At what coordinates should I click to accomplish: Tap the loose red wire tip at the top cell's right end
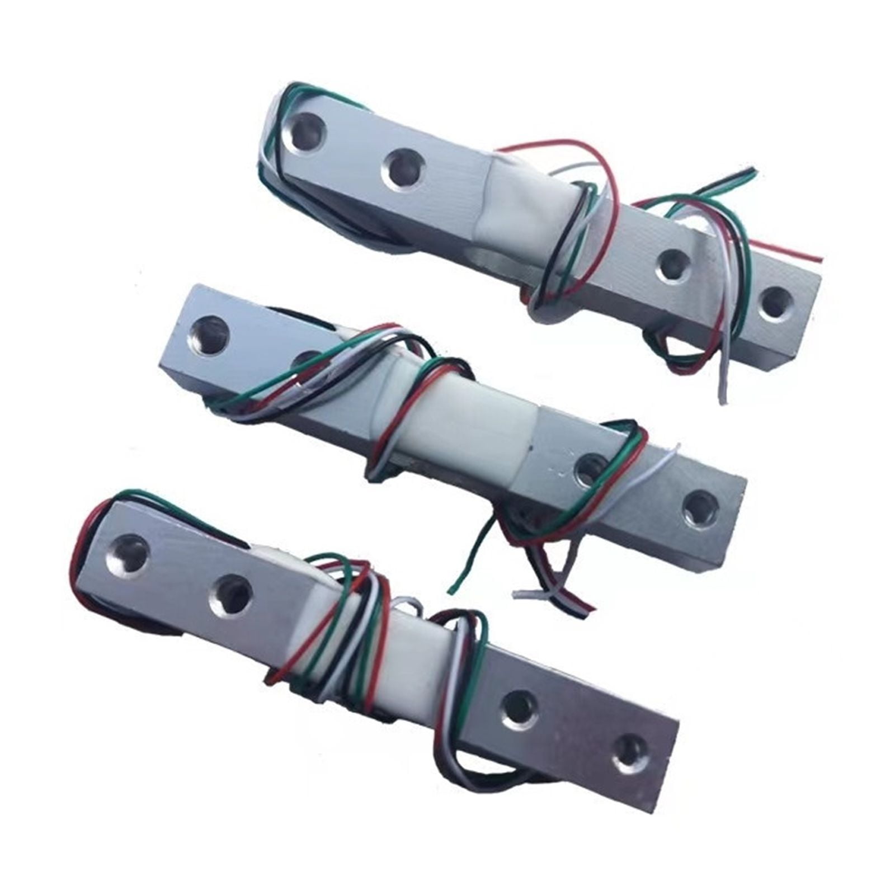(x=820, y=258)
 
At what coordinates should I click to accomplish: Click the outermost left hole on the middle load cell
(x=210, y=335)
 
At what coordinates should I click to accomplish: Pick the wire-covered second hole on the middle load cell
(x=306, y=361)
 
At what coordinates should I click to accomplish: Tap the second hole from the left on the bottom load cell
(x=230, y=594)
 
